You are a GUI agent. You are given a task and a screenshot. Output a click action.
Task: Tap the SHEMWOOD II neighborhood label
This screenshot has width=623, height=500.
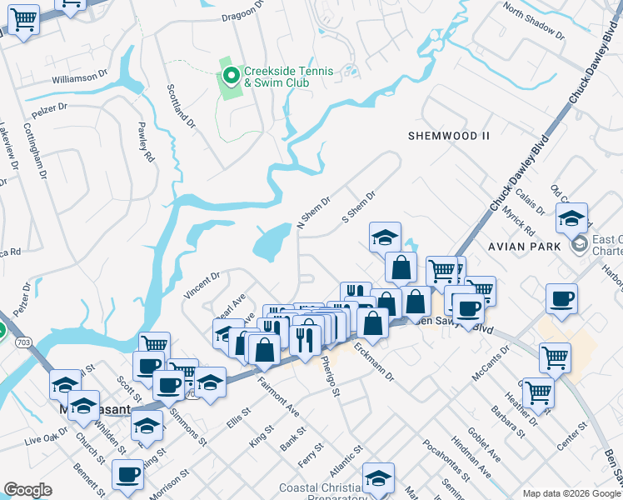449,136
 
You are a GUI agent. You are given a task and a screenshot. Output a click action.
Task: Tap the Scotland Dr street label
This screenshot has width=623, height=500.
181,105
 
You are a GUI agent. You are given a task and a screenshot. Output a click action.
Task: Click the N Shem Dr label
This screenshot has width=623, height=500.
314,213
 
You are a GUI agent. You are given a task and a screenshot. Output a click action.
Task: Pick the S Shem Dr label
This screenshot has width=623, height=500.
360,206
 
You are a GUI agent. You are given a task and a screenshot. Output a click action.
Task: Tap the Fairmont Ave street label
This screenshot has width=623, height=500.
277,396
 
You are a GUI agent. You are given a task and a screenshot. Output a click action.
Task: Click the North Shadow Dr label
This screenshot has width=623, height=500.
533,24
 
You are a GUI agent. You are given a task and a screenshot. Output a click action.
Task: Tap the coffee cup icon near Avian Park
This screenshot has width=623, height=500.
561,300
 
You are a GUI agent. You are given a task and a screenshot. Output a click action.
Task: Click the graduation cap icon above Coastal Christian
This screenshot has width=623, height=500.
378,478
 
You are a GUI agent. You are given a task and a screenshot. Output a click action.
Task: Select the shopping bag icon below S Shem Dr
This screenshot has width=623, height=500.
401,267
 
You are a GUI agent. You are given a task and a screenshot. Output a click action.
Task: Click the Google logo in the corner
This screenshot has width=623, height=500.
28,490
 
